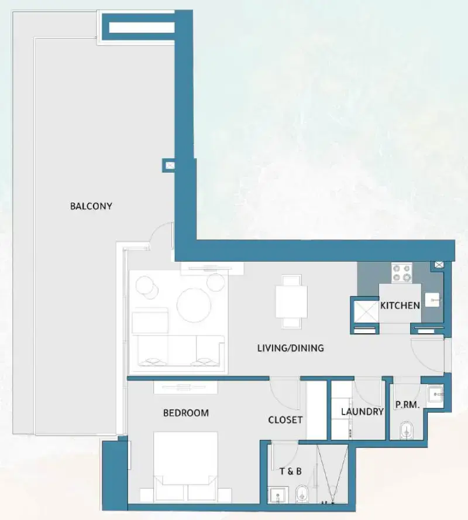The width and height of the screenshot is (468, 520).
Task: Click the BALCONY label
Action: click(91, 206)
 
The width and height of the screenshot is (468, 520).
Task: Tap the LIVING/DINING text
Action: click(290, 348)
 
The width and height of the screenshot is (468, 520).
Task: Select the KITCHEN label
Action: click(400, 305)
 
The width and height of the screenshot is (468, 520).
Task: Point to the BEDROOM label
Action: click(185, 413)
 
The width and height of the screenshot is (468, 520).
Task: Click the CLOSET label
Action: click(285, 420)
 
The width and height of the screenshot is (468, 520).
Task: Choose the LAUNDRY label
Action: click(362, 412)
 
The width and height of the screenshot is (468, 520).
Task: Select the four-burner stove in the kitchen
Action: click(401, 272)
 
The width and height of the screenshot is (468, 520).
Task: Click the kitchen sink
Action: click(432, 300)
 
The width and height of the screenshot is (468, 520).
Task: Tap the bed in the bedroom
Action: click(185, 458)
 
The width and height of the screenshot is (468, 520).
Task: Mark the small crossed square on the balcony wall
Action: click(169, 166)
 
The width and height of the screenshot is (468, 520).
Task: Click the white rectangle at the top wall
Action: click(142, 27)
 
